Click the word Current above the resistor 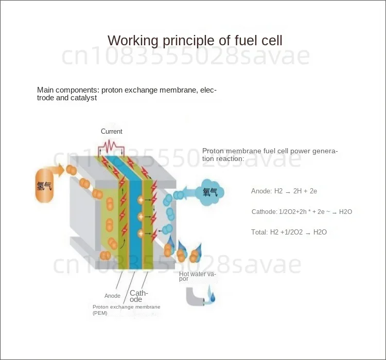pos(111,132)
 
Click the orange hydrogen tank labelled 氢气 pos(44,185)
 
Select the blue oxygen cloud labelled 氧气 pos(210,192)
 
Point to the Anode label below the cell pos(112,296)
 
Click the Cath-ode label pos(138,296)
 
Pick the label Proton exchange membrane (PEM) pos(126,310)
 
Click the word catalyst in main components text pos(83,98)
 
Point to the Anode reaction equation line pos(284,191)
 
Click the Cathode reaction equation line pos(302,212)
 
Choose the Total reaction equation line pos(289,232)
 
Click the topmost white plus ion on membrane pos(140,199)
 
